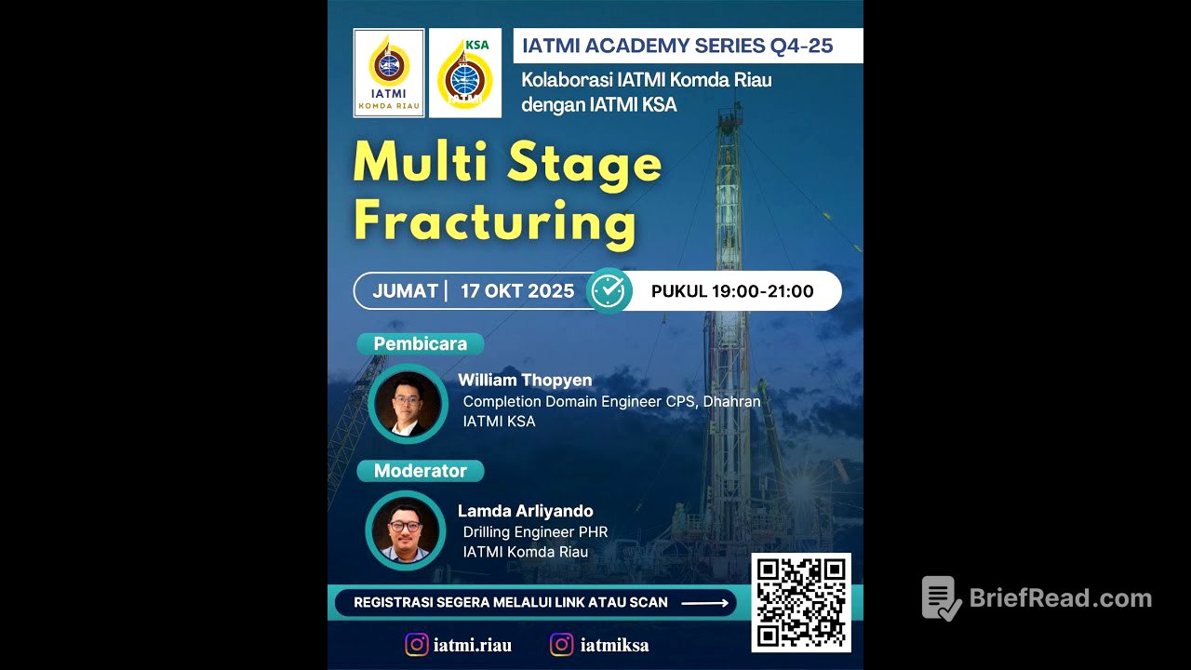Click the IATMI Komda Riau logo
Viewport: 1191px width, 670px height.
point(389,73)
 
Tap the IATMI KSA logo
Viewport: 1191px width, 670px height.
point(465,73)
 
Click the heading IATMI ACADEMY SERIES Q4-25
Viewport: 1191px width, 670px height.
point(677,46)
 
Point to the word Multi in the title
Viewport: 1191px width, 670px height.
point(421,162)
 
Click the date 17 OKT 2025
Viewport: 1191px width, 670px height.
point(517,291)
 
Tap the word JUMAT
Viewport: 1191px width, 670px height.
point(405,291)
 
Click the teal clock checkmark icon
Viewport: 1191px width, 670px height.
point(609,290)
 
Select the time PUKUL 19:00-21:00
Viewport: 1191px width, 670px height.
point(732,291)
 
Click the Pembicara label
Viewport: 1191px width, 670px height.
point(420,343)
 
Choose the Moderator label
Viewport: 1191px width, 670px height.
point(420,471)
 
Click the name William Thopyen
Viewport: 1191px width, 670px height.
point(525,380)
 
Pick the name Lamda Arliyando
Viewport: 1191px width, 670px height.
point(526,511)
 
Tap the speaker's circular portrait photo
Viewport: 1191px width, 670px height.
point(408,404)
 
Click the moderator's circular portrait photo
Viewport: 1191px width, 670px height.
point(406,530)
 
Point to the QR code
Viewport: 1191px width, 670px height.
point(801,602)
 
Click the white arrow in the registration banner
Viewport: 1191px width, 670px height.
point(705,602)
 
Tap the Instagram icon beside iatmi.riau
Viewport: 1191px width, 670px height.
point(416,645)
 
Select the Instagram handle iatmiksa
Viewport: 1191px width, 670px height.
point(614,645)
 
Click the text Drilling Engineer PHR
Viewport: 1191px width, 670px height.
point(535,531)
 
